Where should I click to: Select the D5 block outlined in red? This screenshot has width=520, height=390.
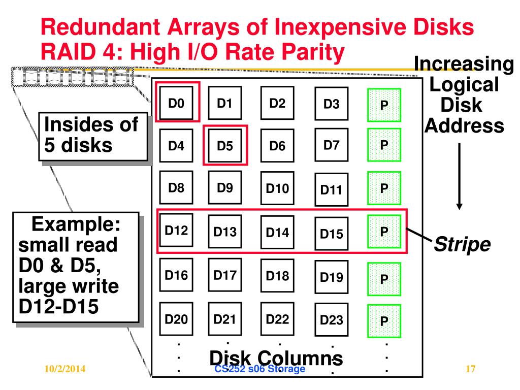(x=225, y=146)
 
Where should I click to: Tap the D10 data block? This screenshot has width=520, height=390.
(x=277, y=189)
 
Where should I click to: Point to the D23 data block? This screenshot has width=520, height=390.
(x=332, y=320)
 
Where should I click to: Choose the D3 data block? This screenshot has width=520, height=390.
(x=332, y=105)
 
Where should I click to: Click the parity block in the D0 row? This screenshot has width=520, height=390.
(x=384, y=105)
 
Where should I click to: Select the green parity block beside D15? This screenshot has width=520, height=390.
(x=384, y=232)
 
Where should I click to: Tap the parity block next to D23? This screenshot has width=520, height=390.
(x=384, y=321)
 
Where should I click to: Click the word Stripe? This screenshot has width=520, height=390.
(x=462, y=245)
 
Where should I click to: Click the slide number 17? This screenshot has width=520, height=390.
(x=470, y=369)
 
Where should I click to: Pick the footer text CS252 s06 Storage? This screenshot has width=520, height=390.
(x=260, y=369)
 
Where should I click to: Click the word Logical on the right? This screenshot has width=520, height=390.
(x=464, y=84)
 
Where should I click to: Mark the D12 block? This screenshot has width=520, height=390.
(x=176, y=231)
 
